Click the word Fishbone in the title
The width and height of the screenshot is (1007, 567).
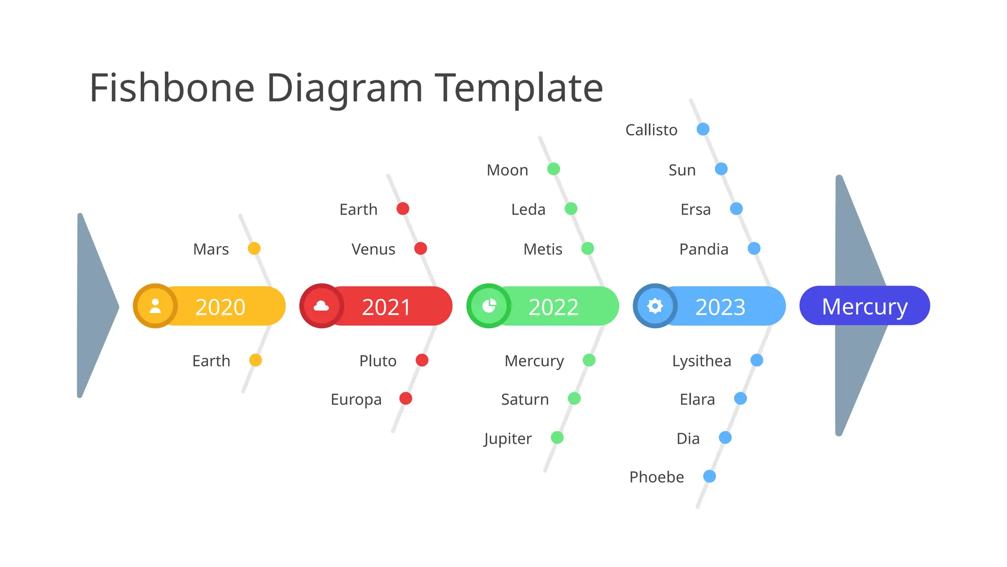pyautogui.click(x=172, y=88)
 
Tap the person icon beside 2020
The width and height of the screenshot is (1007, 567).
pyautogui.click(x=155, y=306)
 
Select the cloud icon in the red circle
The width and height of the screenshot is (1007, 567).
pyautogui.click(x=322, y=306)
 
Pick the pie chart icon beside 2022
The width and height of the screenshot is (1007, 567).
pyautogui.click(x=489, y=306)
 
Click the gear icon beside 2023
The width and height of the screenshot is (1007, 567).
pyautogui.click(x=655, y=306)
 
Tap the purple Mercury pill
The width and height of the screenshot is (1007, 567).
pyautogui.click(x=864, y=306)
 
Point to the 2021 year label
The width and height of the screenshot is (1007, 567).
pyautogui.click(x=386, y=307)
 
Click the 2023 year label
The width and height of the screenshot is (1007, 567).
pyautogui.click(x=720, y=307)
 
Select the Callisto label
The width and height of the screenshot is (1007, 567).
pyautogui.click(x=651, y=130)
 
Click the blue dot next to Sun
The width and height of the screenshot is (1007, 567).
pyautogui.click(x=721, y=169)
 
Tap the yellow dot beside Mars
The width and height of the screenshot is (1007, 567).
pyautogui.click(x=254, y=249)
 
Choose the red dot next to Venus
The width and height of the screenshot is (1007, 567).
pyautogui.click(x=420, y=249)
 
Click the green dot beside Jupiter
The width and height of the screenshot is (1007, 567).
pyautogui.click(x=557, y=438)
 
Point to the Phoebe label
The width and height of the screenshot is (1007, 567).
pyautogui.click(x=656, y=477)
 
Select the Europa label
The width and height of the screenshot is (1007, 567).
pyautogui.click(x=356, y=400)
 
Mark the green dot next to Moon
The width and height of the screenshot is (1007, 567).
pyautogui.click(x=554, y=169)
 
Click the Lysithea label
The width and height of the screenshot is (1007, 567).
pyautogui.click(x=702, y=361)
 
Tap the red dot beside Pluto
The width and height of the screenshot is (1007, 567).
pyautogui.click(x=422, y=360)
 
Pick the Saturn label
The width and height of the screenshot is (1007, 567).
pyautogui.click(x=525, y=399)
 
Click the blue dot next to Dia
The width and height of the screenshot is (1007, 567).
pyautogui.click(x=725, y=438)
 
